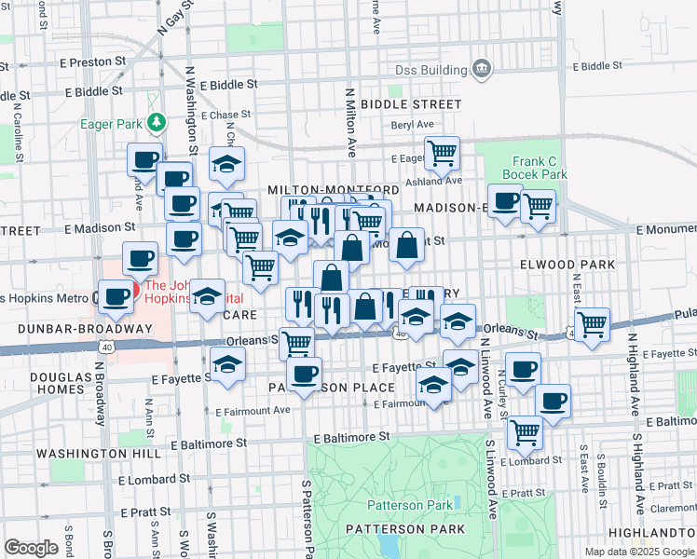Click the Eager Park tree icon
(x=158, y=121)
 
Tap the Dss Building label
(x=430, y=70)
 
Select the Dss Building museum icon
(x=482, y=68)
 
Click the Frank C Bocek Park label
(x=534, y=168)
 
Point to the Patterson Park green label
(x=409, y=505)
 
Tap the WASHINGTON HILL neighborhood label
(x=81, y=453)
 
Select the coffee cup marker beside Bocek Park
(x=505, y=200)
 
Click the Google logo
(x=31, y=548)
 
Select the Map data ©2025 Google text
(x=639, y=552)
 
